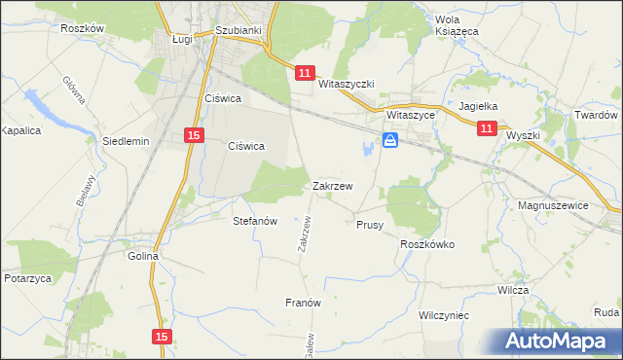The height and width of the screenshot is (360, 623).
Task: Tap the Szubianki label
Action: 239,30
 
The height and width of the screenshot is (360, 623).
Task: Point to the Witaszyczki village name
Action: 347,85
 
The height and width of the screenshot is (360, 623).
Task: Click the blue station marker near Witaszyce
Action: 390,141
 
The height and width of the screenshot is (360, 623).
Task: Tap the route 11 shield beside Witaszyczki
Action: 305,73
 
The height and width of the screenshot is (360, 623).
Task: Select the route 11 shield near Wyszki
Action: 487,127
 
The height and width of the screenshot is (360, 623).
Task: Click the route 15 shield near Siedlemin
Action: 195,136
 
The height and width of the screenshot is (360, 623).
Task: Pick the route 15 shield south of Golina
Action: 162,336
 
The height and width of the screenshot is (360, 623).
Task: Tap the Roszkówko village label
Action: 427,245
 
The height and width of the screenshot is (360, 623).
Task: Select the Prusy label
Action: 369,225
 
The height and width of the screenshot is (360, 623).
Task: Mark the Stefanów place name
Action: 256,221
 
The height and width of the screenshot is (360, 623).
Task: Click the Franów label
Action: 303,303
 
